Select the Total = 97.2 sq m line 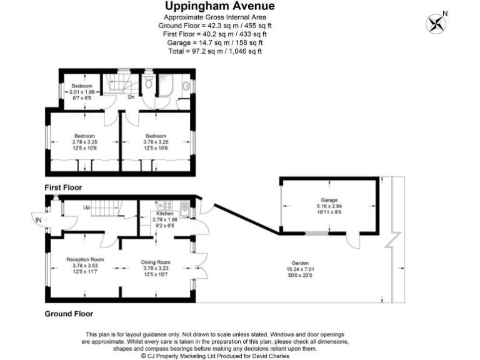215,51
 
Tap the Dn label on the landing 131,97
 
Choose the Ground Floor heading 68,314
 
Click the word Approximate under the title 184,17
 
